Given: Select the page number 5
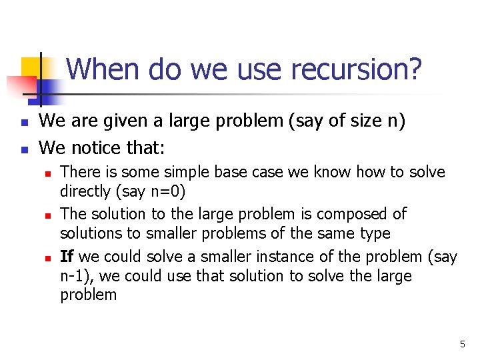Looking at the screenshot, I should (462, 344).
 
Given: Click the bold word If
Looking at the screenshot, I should (67, 257).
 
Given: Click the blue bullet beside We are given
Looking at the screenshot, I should (24, 123).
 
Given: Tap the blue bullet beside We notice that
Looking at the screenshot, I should (24, 148).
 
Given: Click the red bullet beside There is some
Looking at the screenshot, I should (49, 173).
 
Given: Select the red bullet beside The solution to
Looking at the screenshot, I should (49, 215).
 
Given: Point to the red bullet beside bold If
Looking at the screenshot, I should (49, 257).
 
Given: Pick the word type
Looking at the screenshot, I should (374, 234).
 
